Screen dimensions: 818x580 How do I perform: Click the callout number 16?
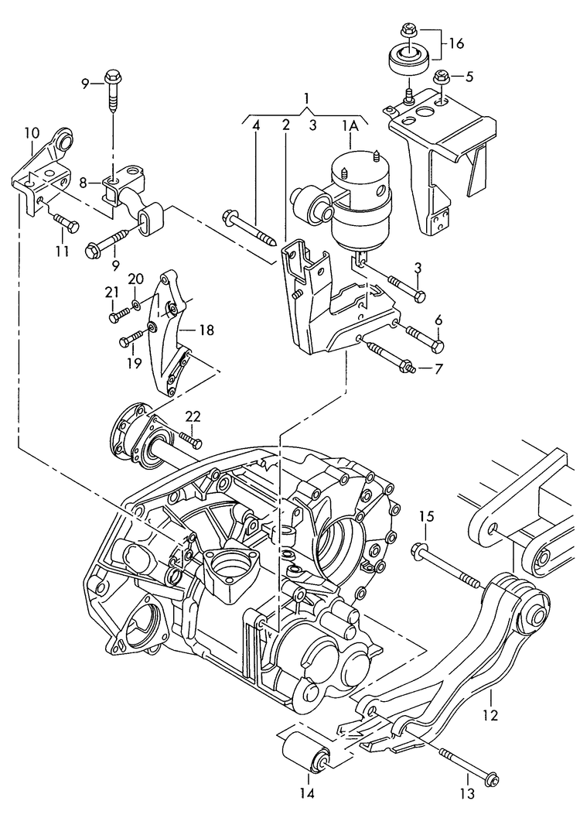(456, 44)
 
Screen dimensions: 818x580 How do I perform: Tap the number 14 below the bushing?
(307, 792)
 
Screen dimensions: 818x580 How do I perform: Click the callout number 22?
(193, 416)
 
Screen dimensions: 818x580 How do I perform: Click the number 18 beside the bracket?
(206, 330)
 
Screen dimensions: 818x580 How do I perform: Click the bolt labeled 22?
(190, 440)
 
